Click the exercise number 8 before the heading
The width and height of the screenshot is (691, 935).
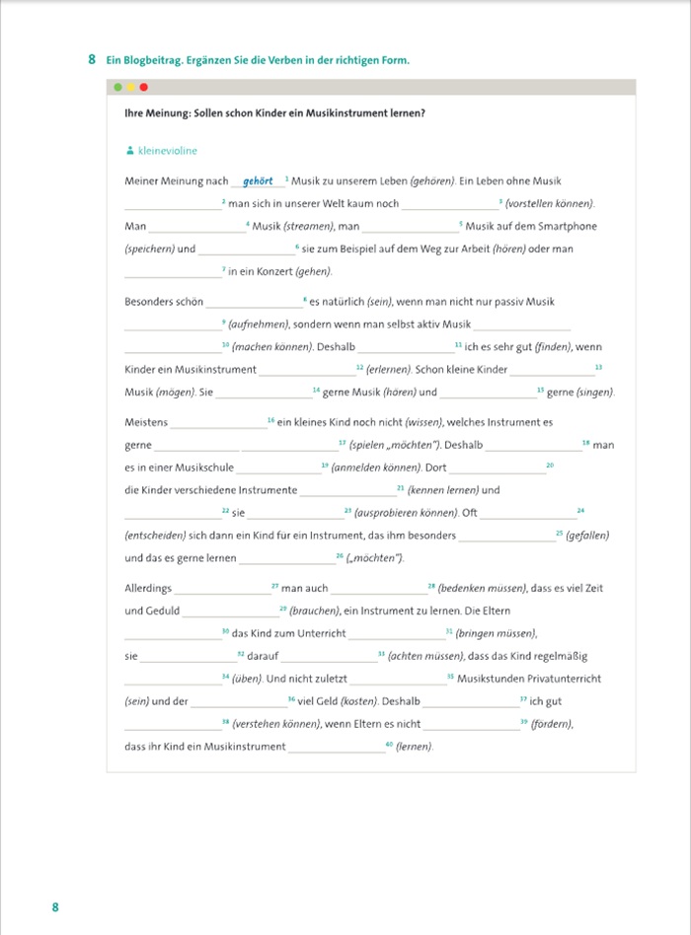[91, 60]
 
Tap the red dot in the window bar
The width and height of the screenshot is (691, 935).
[143, 88]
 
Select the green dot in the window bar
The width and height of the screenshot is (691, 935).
[118, 88]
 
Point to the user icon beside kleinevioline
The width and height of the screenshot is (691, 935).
[129, 151]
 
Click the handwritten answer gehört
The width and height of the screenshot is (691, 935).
[258, 181]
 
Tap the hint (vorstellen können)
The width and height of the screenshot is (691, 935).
[551, 204]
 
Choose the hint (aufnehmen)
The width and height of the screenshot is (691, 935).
[260, 324]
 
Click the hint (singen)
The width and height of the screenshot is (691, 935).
[593, 393]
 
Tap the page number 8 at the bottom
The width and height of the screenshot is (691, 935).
[55, 906]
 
